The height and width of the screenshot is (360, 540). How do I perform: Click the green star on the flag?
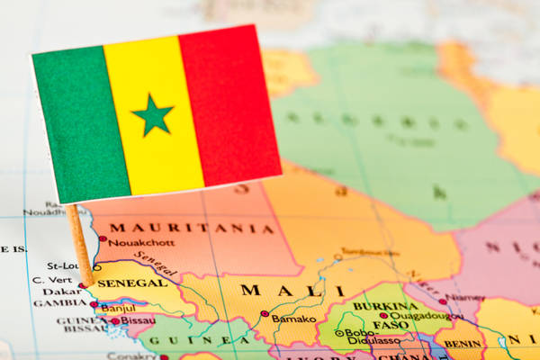point(153,115)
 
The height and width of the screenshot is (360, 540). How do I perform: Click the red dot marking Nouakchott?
point(103,239)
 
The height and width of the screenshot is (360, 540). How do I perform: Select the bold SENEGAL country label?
point(131,283)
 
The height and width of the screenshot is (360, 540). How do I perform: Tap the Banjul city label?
point(118,308)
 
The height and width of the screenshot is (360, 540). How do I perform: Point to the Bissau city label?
point(138,320)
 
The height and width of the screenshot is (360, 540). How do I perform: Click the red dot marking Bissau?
point(115,320)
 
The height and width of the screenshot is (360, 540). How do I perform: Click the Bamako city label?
point(294,319)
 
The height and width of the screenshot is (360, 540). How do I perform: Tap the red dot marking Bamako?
point(265,314)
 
